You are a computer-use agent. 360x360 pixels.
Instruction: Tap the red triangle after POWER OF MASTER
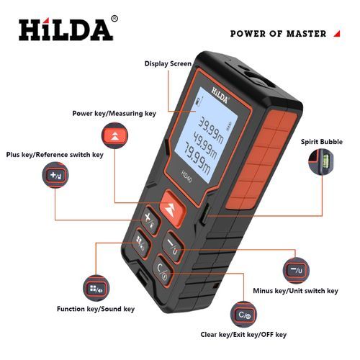[337, 34]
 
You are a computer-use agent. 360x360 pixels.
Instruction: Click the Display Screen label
[168, 63]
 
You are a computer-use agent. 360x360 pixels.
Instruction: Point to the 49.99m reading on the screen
[204, 145]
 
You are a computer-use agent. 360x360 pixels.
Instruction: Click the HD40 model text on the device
[186, 176]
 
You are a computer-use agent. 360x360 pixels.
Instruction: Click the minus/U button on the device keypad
[173, 246]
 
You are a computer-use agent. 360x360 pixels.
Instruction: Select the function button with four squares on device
[142, 243]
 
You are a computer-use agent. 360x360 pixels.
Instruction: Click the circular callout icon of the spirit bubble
[321, 161]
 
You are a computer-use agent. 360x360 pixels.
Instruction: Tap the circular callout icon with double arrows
[114, 135]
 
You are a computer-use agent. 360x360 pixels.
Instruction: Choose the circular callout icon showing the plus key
[55, 175]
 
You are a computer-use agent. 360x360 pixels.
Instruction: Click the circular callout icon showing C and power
[243, 315]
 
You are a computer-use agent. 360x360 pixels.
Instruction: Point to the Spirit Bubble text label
[322, 142]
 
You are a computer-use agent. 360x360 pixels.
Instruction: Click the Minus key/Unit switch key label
[295, 291]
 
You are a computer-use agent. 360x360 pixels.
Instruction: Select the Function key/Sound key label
[96, 309]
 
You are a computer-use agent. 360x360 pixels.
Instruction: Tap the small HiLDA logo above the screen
[220, 95]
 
